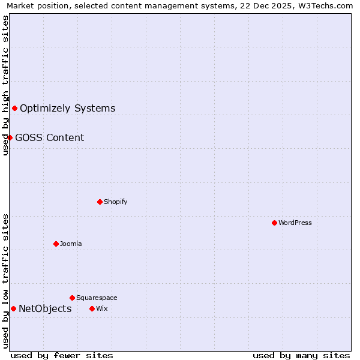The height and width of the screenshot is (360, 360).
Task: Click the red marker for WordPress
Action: tap(274, 223)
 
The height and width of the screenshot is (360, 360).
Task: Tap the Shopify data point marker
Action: tap(100, 202)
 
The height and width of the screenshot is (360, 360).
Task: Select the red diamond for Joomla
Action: tap(56, 244)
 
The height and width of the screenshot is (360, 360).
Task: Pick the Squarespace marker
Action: tap(72, 298)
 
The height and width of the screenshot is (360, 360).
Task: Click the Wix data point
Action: tap(92, 308)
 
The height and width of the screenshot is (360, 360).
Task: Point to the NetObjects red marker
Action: tap(13, 308)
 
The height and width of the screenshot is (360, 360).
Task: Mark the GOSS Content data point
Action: tap(10, 137)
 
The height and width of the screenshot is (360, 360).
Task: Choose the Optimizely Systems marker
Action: tap(14, 108)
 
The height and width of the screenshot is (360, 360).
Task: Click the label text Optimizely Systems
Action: tap(67, 109)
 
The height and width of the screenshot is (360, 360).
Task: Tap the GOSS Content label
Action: tap(49, 138)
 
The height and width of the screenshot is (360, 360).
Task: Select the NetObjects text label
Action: tap(45, 309)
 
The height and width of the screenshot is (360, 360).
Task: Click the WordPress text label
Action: tap(295, 223)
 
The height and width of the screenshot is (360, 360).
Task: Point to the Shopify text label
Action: tap(115, 202)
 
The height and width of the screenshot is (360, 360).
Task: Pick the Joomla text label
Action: tap(71, 244)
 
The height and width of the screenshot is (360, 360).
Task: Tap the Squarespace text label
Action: tap(97, 298)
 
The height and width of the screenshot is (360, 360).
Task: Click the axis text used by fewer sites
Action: tap(62, 355)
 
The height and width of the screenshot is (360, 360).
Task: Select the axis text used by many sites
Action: tap(301, 355)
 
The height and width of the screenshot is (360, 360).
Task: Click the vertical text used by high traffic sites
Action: tap(5, 85)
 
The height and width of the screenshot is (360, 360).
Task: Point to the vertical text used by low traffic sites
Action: tap(5, 281)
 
